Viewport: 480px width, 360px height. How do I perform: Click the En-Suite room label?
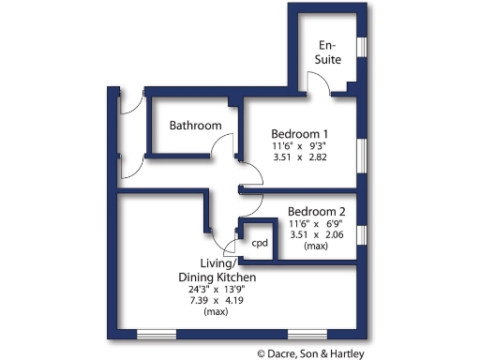click(x=328, y=52)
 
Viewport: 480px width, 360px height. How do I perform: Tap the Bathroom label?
click(x=195, y=126)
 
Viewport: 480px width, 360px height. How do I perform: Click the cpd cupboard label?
click(x=260, y=243)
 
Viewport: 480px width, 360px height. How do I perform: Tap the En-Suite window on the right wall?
click(x=362, y=47)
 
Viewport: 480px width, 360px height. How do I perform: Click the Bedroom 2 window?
click(x=362, y=233)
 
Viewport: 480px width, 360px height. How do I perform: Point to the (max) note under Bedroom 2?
click(x=317, y=247)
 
